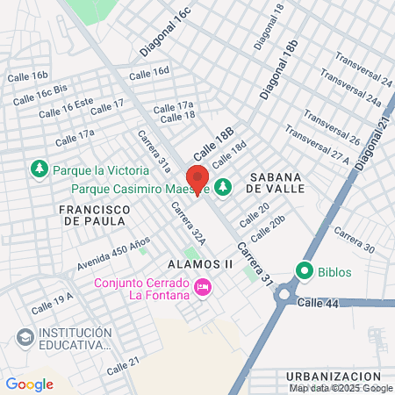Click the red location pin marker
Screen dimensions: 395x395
197,179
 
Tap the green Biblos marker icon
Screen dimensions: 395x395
305,271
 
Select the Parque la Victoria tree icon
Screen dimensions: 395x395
39,169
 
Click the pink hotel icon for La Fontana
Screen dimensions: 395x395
204,288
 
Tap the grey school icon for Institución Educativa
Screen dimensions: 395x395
25,338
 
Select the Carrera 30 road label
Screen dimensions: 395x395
355,242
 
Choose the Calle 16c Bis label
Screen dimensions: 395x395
41,91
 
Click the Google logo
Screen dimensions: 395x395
29,384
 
